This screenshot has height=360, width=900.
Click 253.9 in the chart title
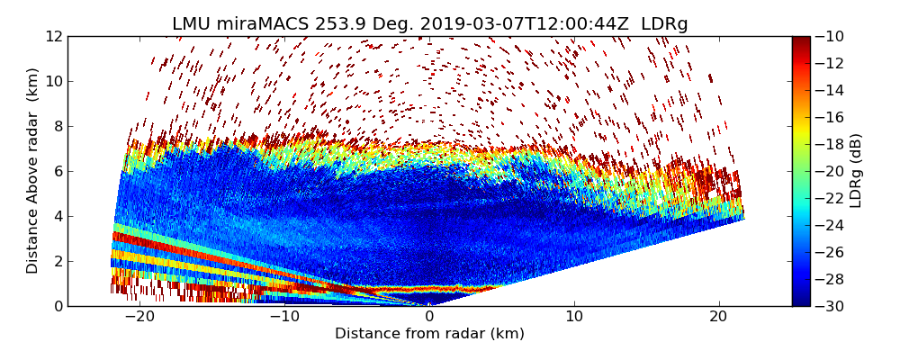coord(319,24)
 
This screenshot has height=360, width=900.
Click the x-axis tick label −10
coord(283,317)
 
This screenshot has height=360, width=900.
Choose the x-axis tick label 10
coord(574,317)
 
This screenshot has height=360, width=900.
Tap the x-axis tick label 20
coord(718,317)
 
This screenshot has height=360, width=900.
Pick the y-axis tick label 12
coord(53,36)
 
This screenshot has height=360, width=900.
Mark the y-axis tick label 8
coord(57,126)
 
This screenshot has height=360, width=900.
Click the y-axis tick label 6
coord(57,171)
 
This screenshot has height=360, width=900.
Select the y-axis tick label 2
coord(57,261)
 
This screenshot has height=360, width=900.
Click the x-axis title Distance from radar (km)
coord(429,334)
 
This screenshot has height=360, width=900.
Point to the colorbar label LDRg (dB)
coord(856,170)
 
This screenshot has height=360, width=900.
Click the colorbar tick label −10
coord(831,36)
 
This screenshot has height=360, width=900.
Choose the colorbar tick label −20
coord(831,171)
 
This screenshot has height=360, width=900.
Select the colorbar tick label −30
coord(831,306)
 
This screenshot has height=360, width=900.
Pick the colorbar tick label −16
coord(831,117)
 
